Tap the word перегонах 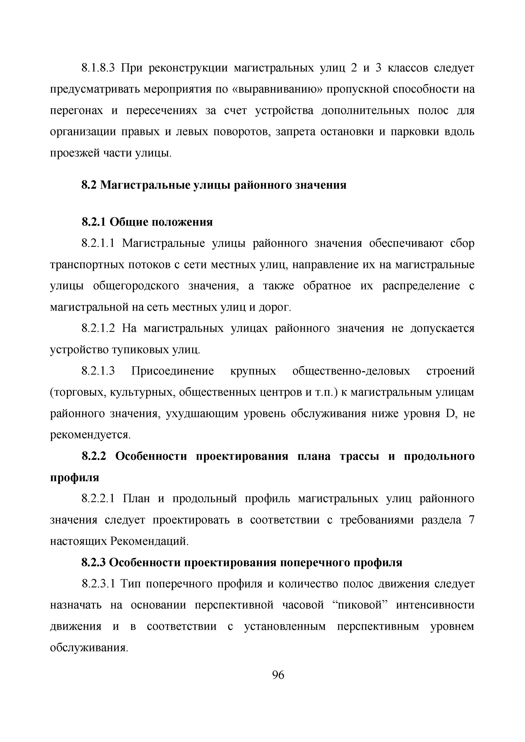click(x=76, y=111)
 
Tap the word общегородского click(x=136, y=286)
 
